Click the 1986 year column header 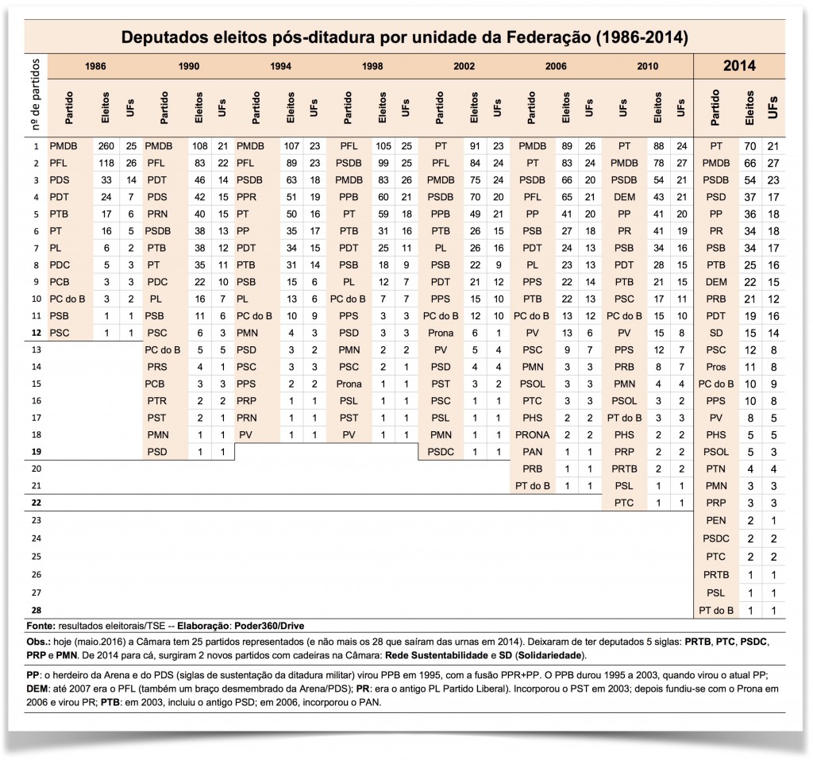coord(95,66)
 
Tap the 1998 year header coord(372,66)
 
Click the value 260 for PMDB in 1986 coord(105,146)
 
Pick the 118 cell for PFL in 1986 coord(105,163)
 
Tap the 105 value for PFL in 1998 coord(383,146)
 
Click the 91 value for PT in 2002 coord(475,146)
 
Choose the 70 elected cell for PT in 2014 coord(751,146)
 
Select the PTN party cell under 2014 coord(716,469)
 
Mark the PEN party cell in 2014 coord(716,519)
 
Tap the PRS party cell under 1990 coord(157,366)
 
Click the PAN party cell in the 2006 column coord(533,451)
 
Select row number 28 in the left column coord(36,609)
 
